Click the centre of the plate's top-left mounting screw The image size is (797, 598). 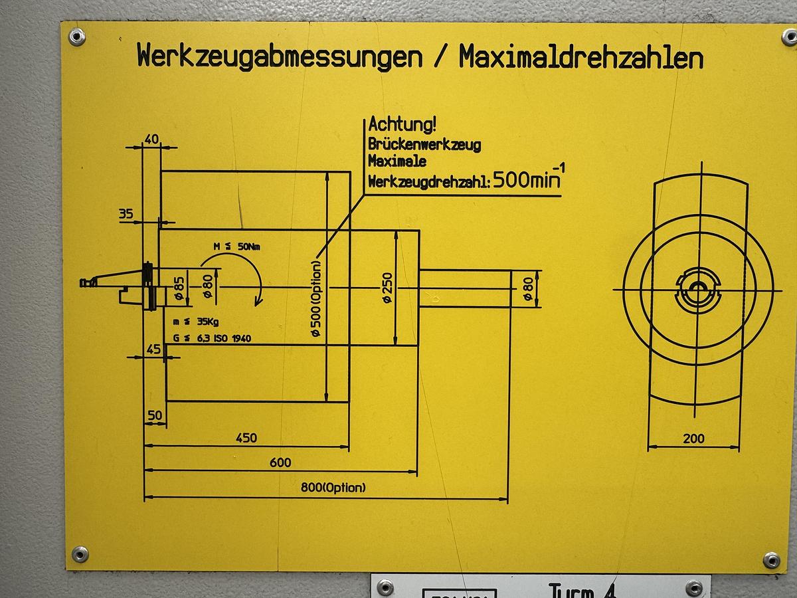(x=76, y=37)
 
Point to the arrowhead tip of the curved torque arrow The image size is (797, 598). (x=257, y=306)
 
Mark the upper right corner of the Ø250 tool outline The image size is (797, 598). (x=419, y=230)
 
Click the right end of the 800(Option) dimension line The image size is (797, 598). (x=507, y=499)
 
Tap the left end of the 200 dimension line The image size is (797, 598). (x=648, y=447)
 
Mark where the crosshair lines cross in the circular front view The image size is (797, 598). (x=697, y=290)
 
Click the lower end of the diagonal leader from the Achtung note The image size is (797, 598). (x=317, y=258)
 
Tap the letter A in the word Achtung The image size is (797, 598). (x=374, y=124)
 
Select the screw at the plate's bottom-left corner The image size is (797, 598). (x=80, y=554)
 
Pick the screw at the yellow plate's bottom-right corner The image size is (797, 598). (x=771, y=559)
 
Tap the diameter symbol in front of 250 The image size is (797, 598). (x=388, y=298)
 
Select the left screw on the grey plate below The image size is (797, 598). (x=385, y=587)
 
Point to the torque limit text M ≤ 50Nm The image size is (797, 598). (x=236, y=247)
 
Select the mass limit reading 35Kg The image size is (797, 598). (x=208, y=322)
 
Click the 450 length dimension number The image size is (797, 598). (x=246, y=438)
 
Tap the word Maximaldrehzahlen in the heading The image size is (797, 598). (x=581, y=57)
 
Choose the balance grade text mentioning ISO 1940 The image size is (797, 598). (x=212, y=338)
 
